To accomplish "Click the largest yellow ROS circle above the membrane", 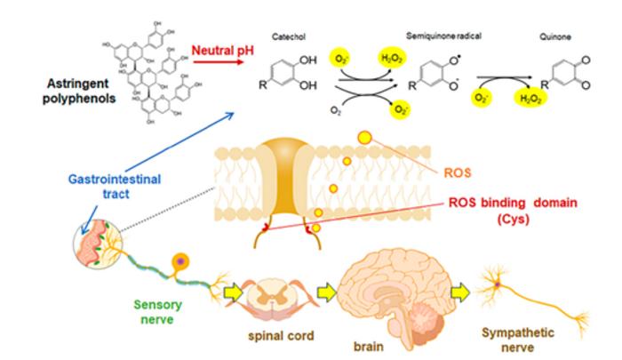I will coord(363,138).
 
